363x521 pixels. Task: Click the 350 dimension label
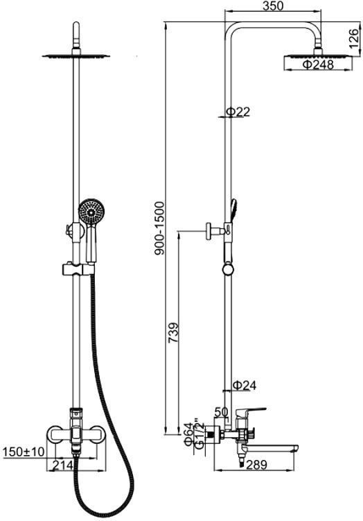coord(273,6)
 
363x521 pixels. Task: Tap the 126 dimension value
coord(354,38)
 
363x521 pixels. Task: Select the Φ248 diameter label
coord(318,64)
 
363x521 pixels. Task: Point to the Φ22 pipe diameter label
coord(238,112)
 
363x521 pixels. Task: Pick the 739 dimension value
coord(174,333)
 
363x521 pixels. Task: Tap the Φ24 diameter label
coord(245,385)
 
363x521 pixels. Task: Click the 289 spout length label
coord(256,465)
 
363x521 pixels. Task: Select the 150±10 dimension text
coord(24,452)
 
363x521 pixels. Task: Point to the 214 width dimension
coord(62,465)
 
